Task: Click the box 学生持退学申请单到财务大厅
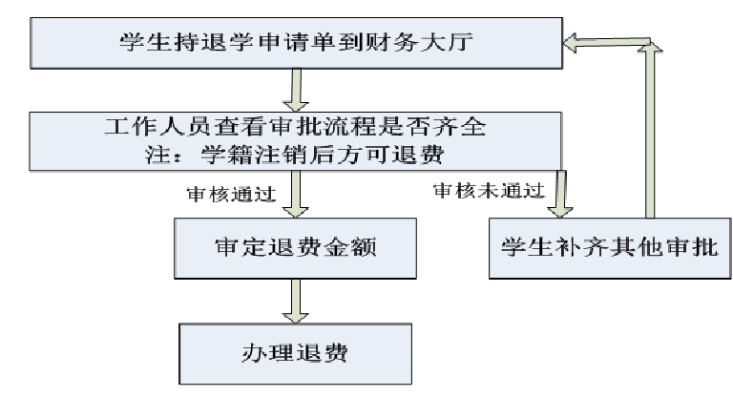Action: coord(297,43)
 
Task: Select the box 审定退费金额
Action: coord(296,248)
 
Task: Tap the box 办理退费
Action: coord(296,353)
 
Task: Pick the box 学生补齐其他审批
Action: coord(610,248)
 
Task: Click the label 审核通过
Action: coord(231,194)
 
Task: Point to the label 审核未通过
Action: coord(489,190)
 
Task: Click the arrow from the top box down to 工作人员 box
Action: coord(296,91)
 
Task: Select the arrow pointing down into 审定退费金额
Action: coord(296,194)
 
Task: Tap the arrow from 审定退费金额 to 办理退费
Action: coord(296,301)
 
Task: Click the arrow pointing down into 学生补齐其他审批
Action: coord(560,194)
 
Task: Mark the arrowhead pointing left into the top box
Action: coord(570,43)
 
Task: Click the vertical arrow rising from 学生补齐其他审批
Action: coord(650,130)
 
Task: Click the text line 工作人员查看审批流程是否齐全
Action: coord(296,127)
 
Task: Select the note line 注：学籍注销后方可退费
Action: coord(295,155)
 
